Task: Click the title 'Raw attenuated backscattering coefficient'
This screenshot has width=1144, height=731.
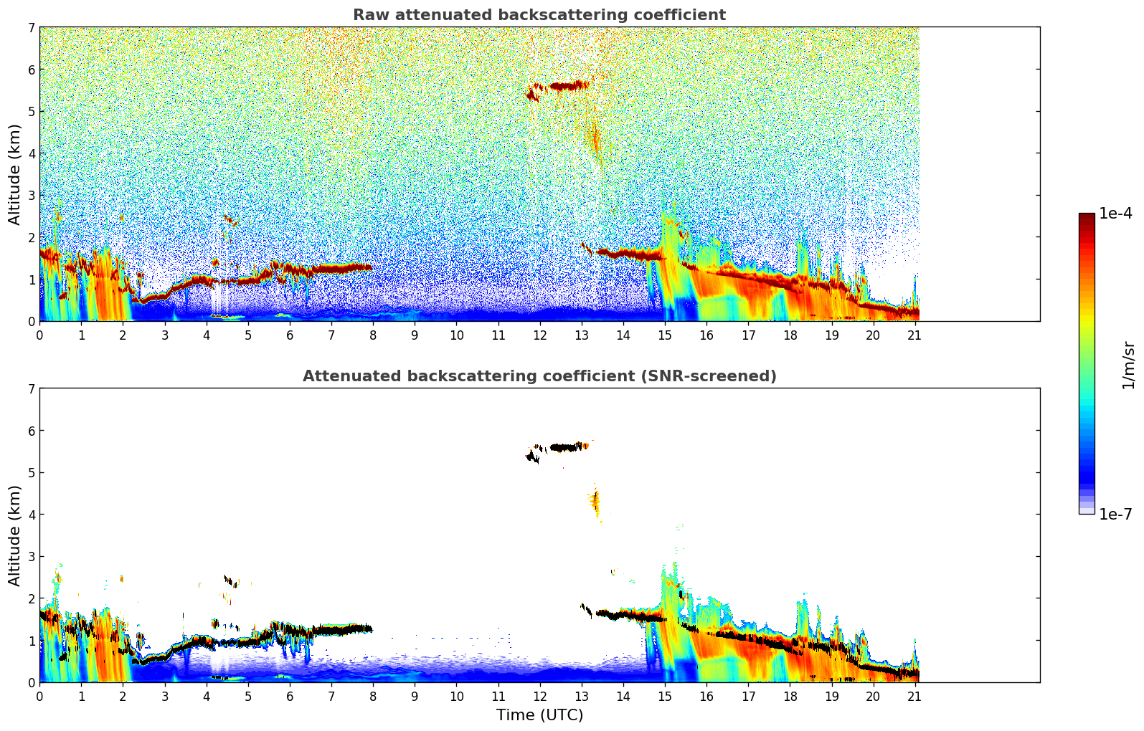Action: click(x=539, y=15)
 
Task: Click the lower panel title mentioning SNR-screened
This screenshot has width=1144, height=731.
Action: click(x=539, y=376)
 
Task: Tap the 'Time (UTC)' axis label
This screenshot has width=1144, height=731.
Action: click(x=539, y=715)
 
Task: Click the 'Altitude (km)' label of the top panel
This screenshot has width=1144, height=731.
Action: click(x=15, y=174)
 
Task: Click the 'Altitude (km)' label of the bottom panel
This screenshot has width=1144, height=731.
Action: click(x=15, y=535)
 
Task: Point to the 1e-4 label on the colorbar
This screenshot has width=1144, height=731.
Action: click(x=1115, y=214)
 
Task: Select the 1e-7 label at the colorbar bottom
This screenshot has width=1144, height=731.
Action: click(x=1115, y=514)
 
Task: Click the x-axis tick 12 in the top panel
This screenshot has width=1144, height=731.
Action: click(x=539, y=335)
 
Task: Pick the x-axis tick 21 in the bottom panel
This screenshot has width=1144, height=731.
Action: click(x=914, y=696)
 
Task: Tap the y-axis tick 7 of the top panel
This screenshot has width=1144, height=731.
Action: click(x=31, y=28)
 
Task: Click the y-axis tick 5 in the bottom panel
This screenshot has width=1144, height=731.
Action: click(x=31, y=473)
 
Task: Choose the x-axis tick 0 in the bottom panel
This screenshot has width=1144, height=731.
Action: click(x=39, y=696)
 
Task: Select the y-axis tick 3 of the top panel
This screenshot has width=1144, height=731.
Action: click(x=31, y=196)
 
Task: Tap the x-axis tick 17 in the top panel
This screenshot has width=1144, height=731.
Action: click(x=748, y=335)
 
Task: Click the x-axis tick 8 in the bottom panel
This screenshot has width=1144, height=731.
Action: click(x=373, y=696)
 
